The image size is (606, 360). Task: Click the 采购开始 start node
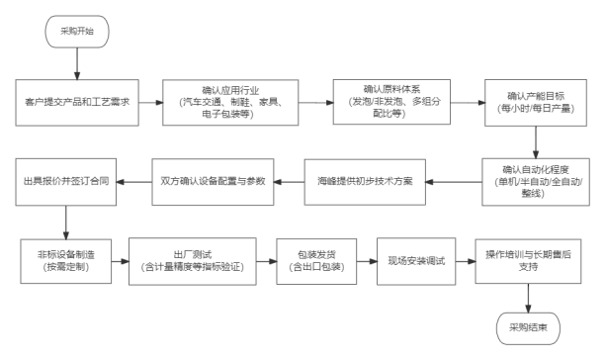(77, 32)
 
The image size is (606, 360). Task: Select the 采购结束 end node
(528, 328)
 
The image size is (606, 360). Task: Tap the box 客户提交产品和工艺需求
(77, 103)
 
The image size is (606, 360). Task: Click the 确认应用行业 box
(230, 103)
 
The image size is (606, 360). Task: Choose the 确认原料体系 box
(391, 102)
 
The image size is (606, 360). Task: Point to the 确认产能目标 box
(536, 103)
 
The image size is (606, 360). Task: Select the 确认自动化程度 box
(536, 182)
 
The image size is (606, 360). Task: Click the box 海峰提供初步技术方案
(365, 182)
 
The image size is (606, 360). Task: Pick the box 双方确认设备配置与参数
(213, 182)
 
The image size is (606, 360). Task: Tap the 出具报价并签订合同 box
(65, 182)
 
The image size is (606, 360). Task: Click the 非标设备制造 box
(65, 261)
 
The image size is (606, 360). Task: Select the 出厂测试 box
(193, 261)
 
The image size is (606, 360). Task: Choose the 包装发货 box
(316, 261)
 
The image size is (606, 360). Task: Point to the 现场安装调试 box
(416, 261)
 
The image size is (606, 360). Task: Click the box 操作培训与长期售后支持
(528, 261)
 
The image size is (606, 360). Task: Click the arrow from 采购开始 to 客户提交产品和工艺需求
(77, 64)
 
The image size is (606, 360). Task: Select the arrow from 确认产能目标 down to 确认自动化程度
(536, 142)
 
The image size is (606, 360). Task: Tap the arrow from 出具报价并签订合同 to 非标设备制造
(65, 223)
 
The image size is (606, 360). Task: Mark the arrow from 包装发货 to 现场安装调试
(367, 261)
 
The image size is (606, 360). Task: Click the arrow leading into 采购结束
(528, 298)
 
